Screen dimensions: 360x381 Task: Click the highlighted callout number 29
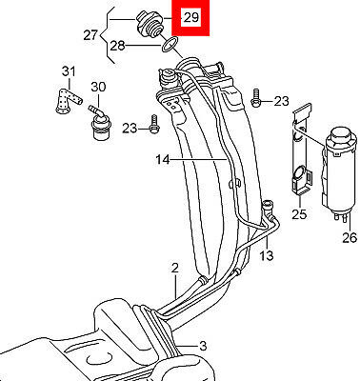click(191, 17)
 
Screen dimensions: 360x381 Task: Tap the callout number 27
click(90, 34)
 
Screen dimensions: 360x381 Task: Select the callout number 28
click(117, 47)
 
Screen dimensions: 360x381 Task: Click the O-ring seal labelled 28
click(170, 44)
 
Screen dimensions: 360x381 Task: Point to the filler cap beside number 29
click(150, 25)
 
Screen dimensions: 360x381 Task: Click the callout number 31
click(69, 71)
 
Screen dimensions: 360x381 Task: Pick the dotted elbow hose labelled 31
click(68, 101)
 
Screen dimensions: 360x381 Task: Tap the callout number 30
click(98, 87)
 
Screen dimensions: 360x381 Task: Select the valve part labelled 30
click(99, 123)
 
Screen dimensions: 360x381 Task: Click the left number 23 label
click(130, 129)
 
